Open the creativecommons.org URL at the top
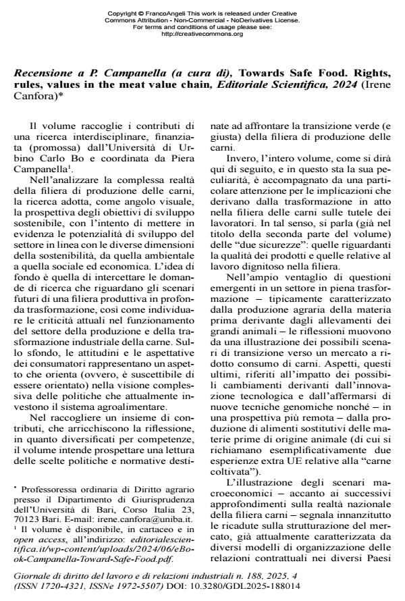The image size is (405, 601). pos(202,33)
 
